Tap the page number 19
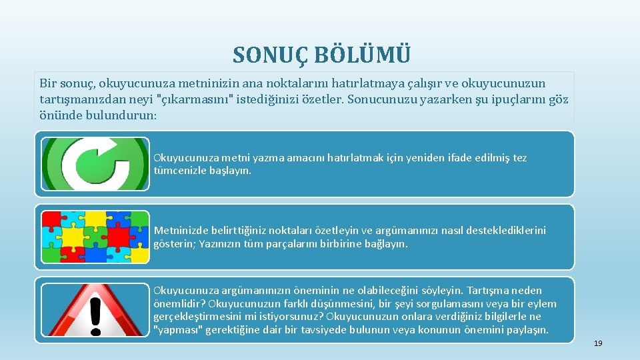[x=598, y=343]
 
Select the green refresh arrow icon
[x=95, y=164]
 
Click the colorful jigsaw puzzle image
[x=95, y=237]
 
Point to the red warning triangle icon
[x=95, y=310]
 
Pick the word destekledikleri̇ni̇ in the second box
[x=496, y=231]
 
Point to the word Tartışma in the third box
[x=488, y=291]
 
